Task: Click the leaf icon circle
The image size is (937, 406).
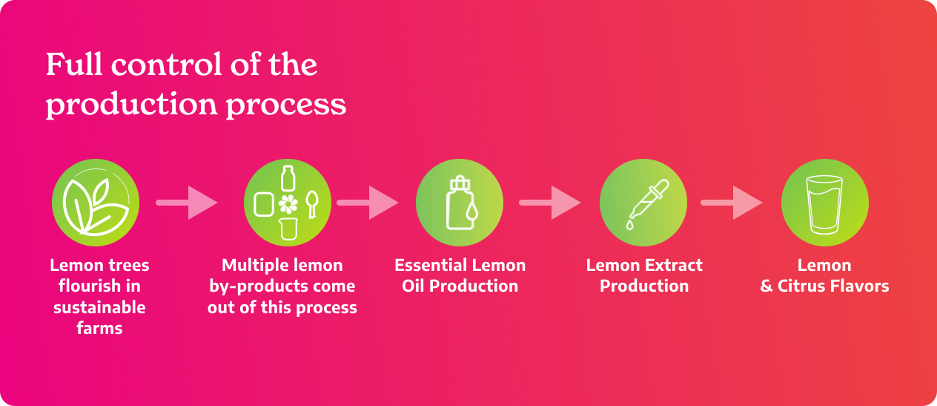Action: [96, 203]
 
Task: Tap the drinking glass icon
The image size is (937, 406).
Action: [824, 205]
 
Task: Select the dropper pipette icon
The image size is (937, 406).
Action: [649, 204]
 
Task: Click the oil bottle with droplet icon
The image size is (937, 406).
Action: [461, 203]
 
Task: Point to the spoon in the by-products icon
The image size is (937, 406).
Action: [312, 204]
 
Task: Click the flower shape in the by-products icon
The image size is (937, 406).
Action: [288, 204]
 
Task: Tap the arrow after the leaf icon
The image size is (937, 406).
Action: [187, 203]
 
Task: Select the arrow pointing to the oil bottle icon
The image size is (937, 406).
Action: [367, 203]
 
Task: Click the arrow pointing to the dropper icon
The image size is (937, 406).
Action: [549, 203]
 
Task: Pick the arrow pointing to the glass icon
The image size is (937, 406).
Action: [731, 203]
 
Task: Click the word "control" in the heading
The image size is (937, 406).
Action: [166, 65]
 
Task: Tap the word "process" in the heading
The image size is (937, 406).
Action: [286, 105]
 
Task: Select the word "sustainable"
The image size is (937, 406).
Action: [99, 307]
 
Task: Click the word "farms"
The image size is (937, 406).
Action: [99, 328]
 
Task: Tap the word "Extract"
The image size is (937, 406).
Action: [673, 265]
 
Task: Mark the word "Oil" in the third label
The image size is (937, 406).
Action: [414, 287]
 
